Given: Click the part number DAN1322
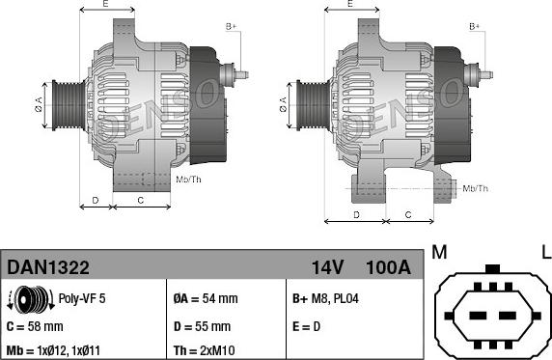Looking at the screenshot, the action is point(48,267).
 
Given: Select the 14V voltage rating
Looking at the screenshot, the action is point(327,267).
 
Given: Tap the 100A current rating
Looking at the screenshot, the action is point(388,267).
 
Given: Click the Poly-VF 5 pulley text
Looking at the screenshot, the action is point(82,298).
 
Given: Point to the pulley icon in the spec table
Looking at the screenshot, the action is point(31,299).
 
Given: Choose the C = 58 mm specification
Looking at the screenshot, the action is point(35,326).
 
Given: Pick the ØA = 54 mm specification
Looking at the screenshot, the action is point(206,298).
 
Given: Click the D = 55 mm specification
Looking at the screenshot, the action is point(202,326).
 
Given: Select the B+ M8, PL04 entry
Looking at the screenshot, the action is point(325,298).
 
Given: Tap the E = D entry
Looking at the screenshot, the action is point(306,326).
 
